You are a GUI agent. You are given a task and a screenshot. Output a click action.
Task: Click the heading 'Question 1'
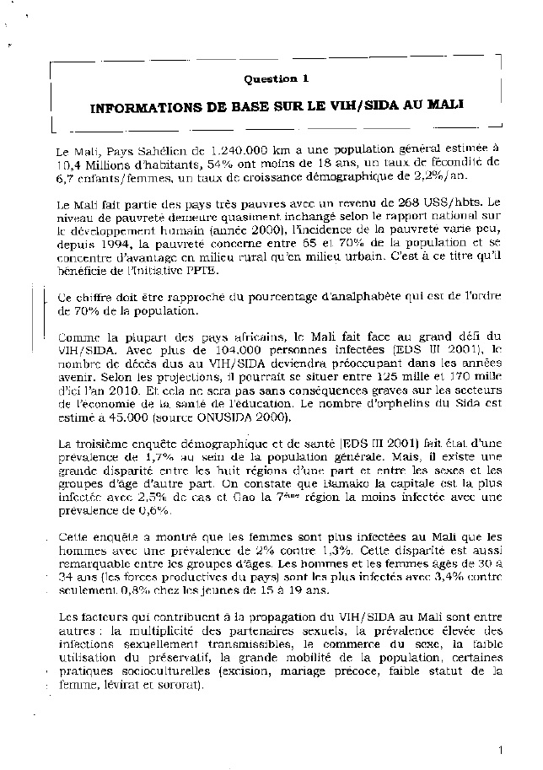[x=276, y=78]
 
